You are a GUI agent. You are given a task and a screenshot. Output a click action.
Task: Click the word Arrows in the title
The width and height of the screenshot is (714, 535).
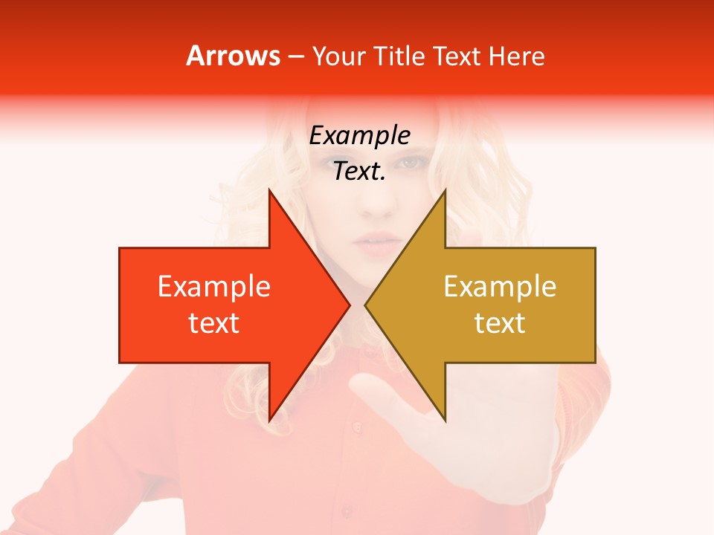[234, 56]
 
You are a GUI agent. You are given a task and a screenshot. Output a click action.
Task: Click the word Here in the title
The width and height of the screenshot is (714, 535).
[516, 56]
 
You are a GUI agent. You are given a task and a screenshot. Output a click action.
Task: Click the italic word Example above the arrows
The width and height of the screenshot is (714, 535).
[359, 136]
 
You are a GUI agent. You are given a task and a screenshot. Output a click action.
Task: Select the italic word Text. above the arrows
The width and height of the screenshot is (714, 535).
[359, 172]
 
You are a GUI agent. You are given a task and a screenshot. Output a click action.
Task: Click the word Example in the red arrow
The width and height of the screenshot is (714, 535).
[214, 287]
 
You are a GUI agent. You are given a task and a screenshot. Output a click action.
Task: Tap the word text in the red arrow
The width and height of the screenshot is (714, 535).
[214, 323]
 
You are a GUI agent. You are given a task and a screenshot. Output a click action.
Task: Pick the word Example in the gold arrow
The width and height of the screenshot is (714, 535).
[500, 287]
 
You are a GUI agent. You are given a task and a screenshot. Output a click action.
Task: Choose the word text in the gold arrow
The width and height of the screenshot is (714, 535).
[500, 323]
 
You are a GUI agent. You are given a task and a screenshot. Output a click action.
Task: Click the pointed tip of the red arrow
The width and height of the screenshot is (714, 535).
[349, 305]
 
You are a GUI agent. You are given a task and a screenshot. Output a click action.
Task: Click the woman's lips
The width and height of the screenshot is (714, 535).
[377, 241]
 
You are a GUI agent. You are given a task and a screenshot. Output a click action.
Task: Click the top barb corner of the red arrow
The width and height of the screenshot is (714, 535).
[269, 190]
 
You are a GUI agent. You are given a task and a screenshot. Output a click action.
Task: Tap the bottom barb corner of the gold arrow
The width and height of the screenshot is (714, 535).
[445, 421]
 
